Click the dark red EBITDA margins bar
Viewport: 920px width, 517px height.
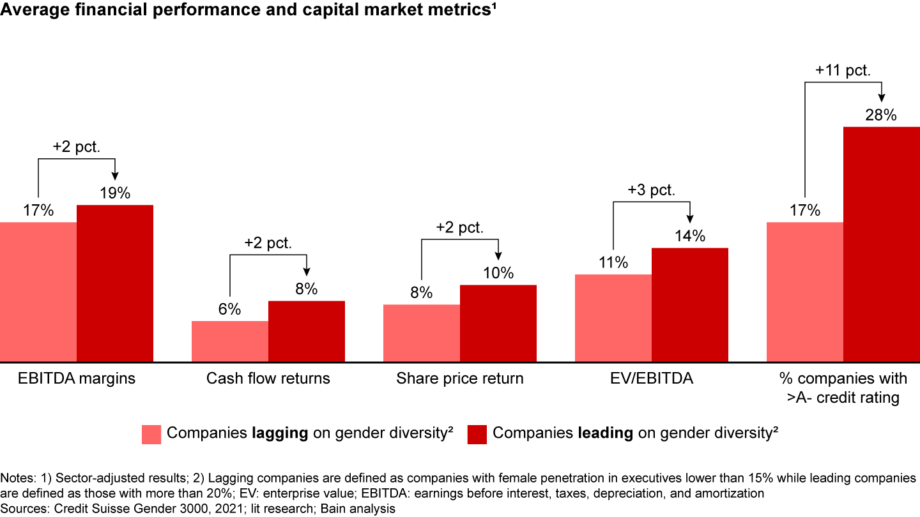pos(115,283)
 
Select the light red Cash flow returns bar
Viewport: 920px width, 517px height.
pos(230,341)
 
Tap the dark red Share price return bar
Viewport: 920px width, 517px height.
pos(498,324)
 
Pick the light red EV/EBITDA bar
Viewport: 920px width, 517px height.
pos(613,318)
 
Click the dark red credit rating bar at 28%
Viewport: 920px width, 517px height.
pos(882,244)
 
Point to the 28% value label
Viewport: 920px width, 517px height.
pos(882,116)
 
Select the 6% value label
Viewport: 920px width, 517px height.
pos(230,310)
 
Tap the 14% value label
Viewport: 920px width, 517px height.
pos(690,237)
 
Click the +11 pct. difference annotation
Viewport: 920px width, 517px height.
pos(843,71)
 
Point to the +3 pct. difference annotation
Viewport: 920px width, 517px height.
pos(651,190)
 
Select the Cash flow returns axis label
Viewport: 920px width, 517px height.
pos(268,378)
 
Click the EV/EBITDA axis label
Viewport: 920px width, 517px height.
pos(652,378)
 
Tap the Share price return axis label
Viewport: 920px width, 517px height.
pos(460,378)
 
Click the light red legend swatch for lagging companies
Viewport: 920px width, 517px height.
pos(152,433)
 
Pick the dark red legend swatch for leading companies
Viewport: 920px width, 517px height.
pos(478,433)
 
